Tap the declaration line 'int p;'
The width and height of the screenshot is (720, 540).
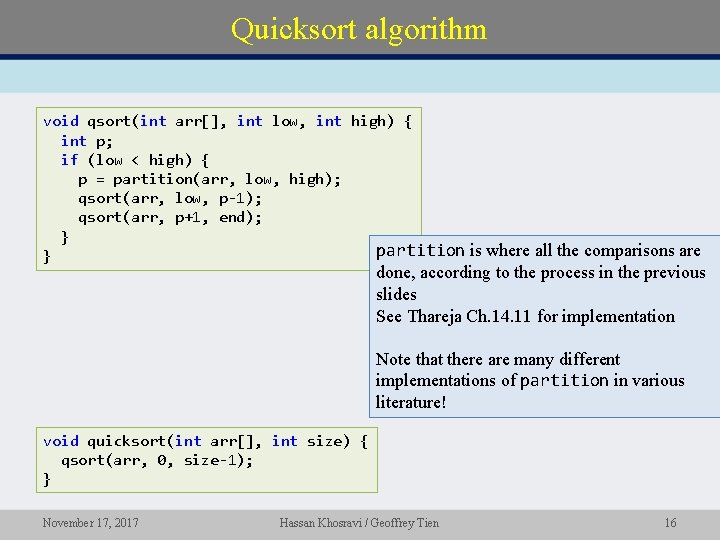click(x=87, y=141)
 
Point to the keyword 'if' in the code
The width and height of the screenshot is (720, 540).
click(x=69, y=160)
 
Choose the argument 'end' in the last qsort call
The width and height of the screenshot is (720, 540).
click(x=232, y=217)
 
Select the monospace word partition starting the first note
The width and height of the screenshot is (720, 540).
click(x=420, y=250)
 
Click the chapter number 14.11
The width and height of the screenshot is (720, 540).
click(x=512, y=316)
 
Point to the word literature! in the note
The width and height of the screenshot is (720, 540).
click(x=411, y=402)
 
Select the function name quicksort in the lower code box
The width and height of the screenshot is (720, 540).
click(x=127, y=441)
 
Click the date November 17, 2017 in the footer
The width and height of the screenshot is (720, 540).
click(x=90, y=522)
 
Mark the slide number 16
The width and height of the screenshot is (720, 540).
click(x=670, y=522)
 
